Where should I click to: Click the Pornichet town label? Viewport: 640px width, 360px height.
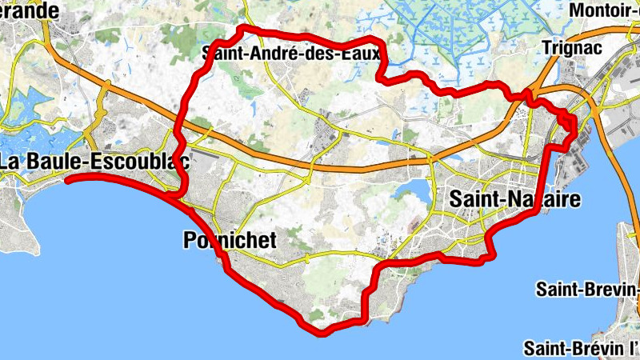tap(230, 239)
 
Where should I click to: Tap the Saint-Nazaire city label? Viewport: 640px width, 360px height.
tap(514, 199)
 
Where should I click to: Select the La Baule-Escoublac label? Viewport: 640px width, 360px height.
tap(94, 161)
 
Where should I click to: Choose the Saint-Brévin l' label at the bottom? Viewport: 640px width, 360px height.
tap(582, 348)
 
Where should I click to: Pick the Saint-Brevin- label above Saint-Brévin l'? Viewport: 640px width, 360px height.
tap(588, 288)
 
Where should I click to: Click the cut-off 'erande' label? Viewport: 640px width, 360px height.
tap(30, 10)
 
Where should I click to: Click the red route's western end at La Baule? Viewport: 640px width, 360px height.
tap(67, 180)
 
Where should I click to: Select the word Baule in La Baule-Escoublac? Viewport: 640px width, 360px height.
tap(52, 161)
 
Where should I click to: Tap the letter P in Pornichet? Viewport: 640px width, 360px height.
tap(190, 239)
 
